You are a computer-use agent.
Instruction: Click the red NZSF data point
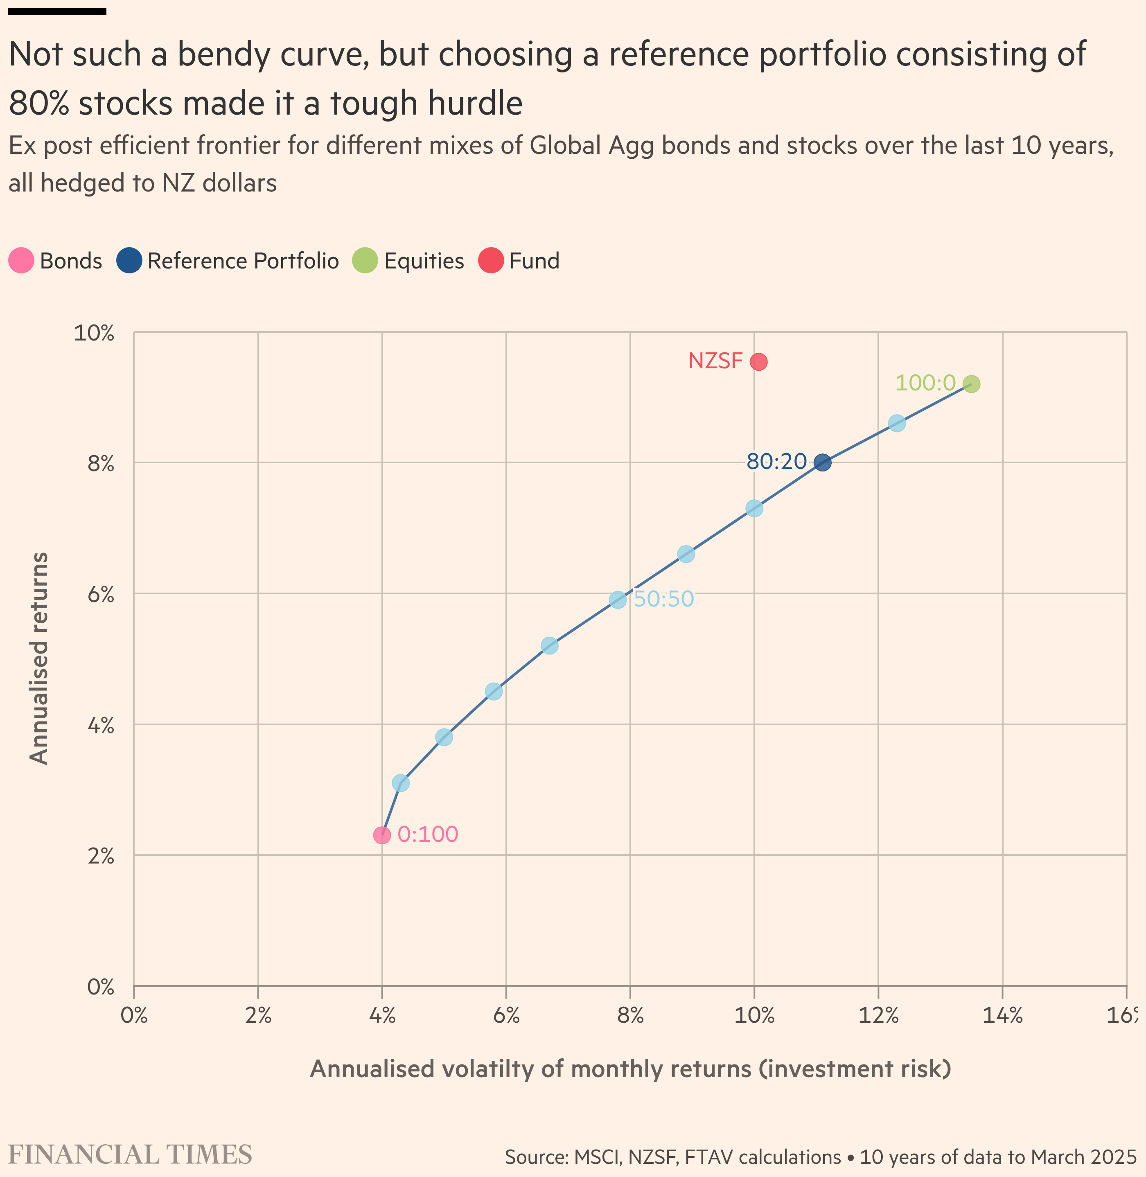pos(758,362)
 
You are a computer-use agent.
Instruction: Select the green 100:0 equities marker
pos(971,384)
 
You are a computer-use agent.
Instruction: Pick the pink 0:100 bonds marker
pos(381,835)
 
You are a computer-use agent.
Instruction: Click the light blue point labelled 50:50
pos(618,600)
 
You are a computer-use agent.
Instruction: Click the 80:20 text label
pos(776,462)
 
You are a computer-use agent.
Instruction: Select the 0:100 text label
pos(428,834)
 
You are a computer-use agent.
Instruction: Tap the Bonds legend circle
pos(21,261)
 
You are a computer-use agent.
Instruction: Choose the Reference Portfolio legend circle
pos(129,261)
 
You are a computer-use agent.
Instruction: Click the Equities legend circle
pos(365,261)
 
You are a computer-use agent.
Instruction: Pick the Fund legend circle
pos(491,261)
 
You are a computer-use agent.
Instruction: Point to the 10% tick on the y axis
pos(94,333)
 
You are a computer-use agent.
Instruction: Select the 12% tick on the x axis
pos(878,1016)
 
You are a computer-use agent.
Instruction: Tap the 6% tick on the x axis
pos(506,1016)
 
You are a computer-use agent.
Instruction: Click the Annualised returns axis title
pos(39,659)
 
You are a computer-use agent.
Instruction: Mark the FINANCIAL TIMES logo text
pos(130,1155)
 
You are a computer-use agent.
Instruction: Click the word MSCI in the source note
pos(597,1157)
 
